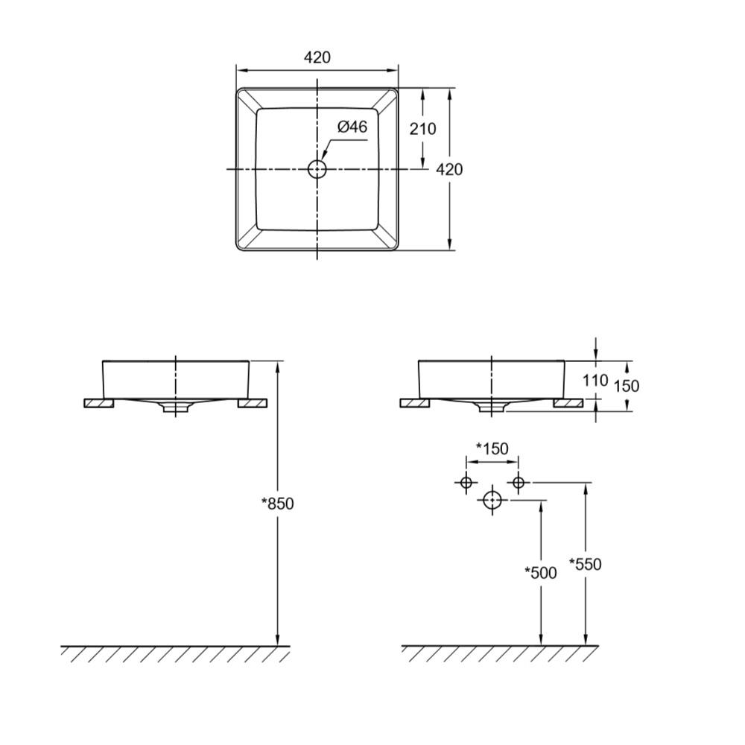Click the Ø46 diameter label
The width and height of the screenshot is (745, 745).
[352, 127]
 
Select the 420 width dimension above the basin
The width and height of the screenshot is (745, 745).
[317, 57]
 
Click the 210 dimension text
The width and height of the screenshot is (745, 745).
[422, 128]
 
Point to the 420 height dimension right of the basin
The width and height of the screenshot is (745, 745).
[449, 169]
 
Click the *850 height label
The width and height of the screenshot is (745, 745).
[277, 503]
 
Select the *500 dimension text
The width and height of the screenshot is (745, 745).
[540, 572]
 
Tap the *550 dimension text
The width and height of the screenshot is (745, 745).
[586, 564]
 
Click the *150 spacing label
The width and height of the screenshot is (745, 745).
[492, 448]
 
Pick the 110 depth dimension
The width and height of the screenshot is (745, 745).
[595, 380]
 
